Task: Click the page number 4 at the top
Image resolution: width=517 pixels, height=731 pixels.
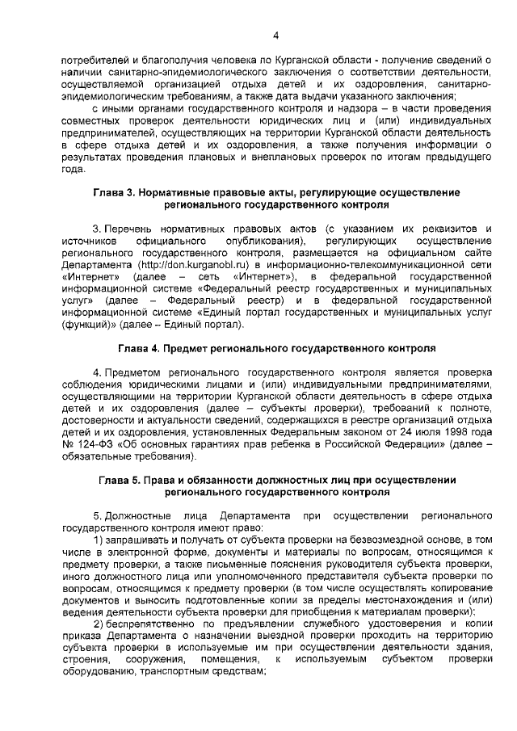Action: [x=276, y=36]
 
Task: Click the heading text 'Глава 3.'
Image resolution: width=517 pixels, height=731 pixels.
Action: [x=116, y=193]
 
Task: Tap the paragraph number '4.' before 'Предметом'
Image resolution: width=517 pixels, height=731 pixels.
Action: [x=98, y=372]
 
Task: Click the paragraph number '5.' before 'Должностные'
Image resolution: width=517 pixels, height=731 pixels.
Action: [x=98, y=515]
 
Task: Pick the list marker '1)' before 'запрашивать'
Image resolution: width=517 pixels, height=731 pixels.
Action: [x=99, y=540]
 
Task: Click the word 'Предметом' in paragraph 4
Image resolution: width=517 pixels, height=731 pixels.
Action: [x=134, y=372]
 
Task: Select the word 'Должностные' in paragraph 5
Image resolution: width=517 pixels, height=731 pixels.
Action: [x=138, y=515]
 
